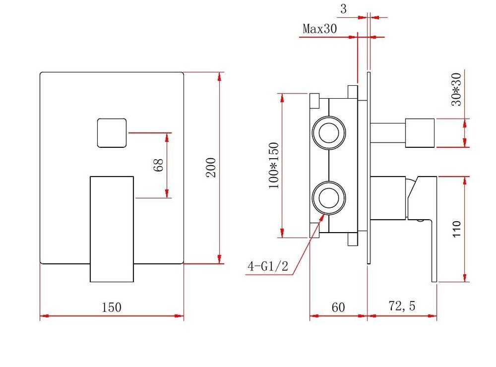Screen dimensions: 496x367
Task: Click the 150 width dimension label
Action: [x=111, y=307]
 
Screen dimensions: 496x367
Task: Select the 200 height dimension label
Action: [x=211, y=168]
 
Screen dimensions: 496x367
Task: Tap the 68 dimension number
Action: [x=159, y=165]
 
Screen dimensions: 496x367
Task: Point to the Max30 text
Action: [x=319, y=28]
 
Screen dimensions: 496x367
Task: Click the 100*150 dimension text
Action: [x=274, y=166]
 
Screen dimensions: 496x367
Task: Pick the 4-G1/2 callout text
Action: [x=268, y=266]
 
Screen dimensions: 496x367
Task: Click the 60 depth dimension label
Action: [x=338, y=307]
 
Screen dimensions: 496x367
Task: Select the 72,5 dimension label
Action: [x=402, y=306]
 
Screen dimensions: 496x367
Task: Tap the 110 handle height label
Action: [x=456, y=229]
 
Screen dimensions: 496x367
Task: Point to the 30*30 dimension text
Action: [x=456, y=89]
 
